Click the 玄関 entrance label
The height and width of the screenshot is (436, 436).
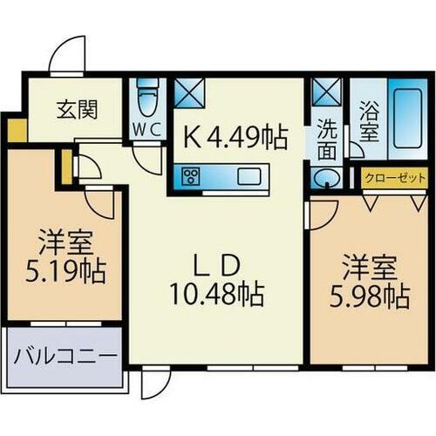click(77, 111)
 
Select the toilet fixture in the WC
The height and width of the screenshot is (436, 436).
click(147, 99)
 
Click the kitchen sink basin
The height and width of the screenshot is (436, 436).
click(248, 177)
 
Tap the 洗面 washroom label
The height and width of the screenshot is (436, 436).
click(327, 139)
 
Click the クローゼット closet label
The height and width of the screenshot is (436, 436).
click(389, 177)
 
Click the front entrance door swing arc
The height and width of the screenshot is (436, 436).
click(68, 56)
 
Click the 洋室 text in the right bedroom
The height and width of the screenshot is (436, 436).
click(363, 265)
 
